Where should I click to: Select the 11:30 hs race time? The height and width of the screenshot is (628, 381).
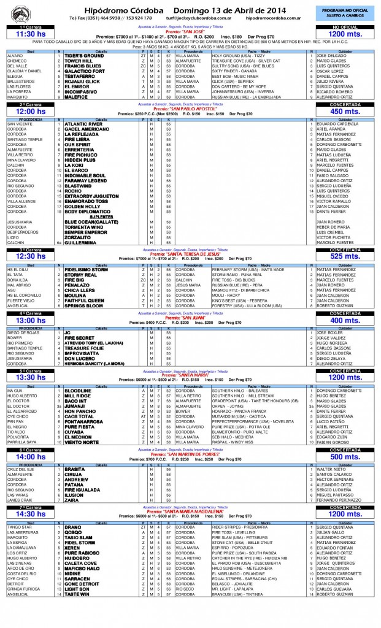pos(30,35)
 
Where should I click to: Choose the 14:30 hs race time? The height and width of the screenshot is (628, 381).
pos(30,515)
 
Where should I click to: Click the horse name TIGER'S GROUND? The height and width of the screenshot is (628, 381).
pos(84,56)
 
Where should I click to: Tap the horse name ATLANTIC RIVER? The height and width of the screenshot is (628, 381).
pos(83,124)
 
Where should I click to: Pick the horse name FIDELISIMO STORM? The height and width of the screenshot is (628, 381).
pos(87,269)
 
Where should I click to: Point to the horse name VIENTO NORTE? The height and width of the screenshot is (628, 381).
pos(81,442)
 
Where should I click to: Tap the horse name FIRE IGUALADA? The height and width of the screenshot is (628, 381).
pos(83,489)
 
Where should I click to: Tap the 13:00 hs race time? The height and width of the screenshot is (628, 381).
pos(30,320)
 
